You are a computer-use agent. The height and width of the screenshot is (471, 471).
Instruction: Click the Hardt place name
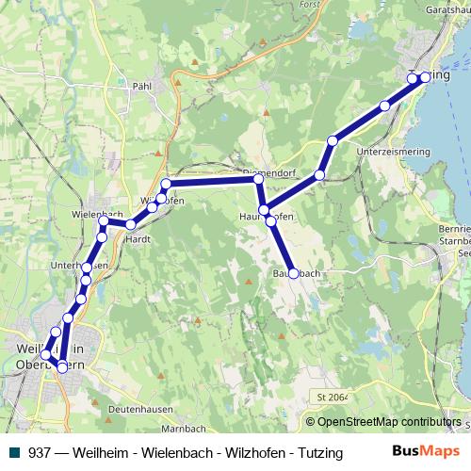coord(138,238)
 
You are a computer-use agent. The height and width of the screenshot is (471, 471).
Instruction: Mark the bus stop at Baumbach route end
coord(293,273)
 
